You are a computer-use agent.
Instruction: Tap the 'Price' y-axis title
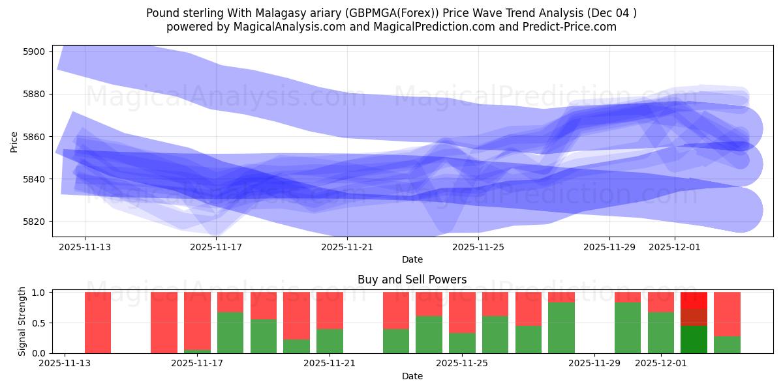tap(14, 141)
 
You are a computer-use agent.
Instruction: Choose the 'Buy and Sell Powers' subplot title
tap(412, 280)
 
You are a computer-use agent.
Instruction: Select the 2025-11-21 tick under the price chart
tap(347, 247)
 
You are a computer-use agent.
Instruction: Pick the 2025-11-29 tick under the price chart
tap(609, 247)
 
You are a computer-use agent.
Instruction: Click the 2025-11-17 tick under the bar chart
tap(197, 364)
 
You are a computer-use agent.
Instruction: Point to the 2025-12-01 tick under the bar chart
tap(661, 364)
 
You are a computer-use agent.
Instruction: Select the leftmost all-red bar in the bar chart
tap(98, 323)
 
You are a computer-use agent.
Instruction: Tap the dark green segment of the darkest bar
tap(694, 340)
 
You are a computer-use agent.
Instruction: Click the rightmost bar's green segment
tap(727, 345)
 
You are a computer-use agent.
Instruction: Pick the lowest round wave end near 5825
tap(741, 210)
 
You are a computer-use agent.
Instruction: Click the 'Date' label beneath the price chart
tap(412, 259)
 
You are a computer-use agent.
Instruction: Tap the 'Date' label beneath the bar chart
tap(412, 376)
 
